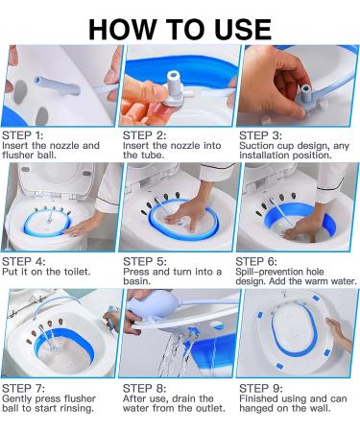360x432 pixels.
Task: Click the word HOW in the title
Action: coord(121,30)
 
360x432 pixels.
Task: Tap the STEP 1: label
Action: coord(22,135)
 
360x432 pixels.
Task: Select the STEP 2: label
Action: coord(144,135)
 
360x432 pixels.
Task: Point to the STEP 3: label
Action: coord(260,135)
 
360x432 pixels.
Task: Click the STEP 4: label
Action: coord(24,261)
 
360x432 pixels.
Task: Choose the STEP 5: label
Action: coord(145,261)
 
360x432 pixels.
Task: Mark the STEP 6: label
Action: coord(256,261)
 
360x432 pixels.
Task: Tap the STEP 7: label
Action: coord(23,389)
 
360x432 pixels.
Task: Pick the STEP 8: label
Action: coord(145,389)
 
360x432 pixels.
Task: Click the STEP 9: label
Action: coord(261,389)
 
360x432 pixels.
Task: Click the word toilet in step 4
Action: coord(78,272)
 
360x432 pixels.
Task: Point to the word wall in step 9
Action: coord(322,408)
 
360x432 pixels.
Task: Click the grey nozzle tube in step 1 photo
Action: coord(57,85)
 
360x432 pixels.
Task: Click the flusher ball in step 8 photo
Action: coord(143,308)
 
